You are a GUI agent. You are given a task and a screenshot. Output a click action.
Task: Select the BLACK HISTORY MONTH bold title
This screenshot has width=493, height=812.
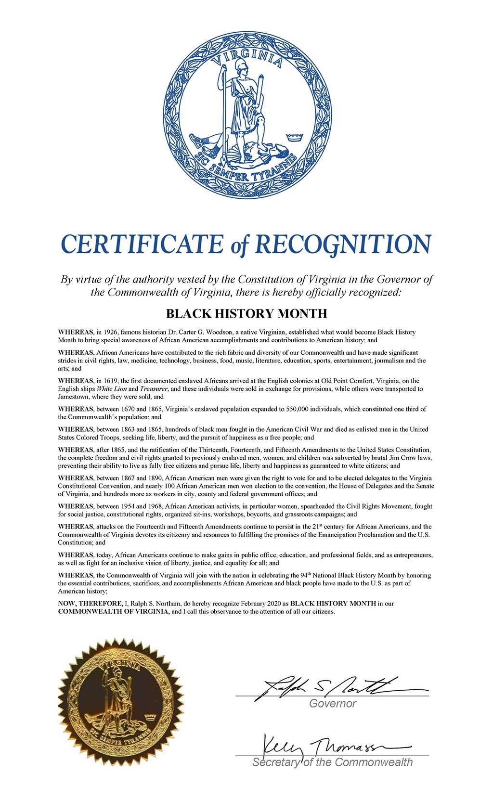coord(246,314)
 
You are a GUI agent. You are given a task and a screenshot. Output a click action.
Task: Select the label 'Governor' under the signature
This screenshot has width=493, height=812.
coord(332,704)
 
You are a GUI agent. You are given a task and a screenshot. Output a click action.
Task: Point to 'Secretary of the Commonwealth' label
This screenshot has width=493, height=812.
coord(332,762)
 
